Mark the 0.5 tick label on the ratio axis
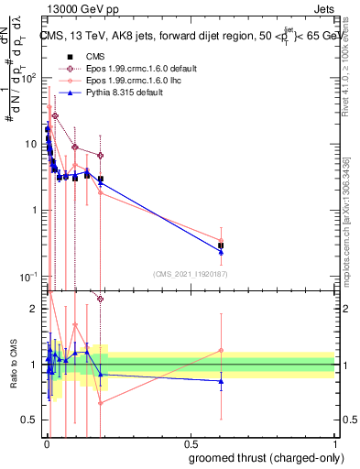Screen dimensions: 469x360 point(28,420)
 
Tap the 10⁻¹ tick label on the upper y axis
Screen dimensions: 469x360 point(29,277)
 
